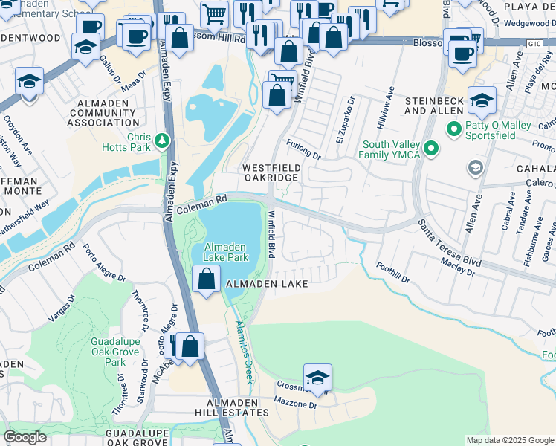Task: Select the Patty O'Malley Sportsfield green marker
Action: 453,129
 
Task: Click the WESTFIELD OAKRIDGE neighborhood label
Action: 271,173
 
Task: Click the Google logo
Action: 25,437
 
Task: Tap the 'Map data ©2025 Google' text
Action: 510,440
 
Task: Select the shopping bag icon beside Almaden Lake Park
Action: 206,279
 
